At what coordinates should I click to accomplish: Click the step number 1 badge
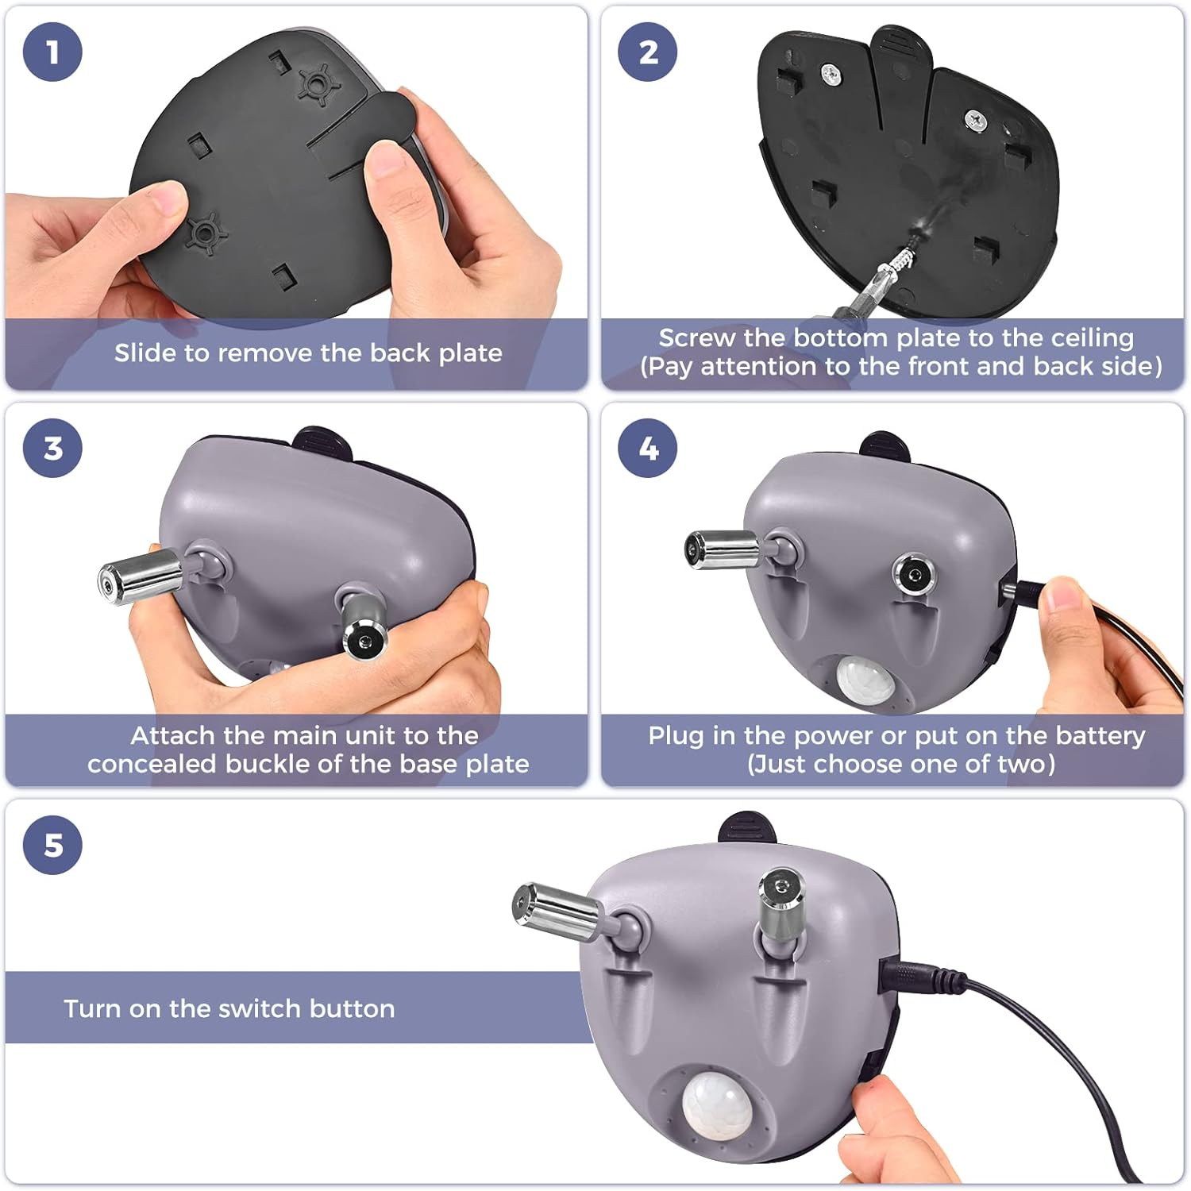click(52, 52)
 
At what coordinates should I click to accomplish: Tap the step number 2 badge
click(648, 52)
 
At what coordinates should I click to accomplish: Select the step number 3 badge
click(52, 448)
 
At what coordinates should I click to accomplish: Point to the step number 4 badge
click(648, 448)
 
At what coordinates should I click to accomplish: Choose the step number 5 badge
click(52, 845)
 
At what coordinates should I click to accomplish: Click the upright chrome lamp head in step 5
click(782, 901)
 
